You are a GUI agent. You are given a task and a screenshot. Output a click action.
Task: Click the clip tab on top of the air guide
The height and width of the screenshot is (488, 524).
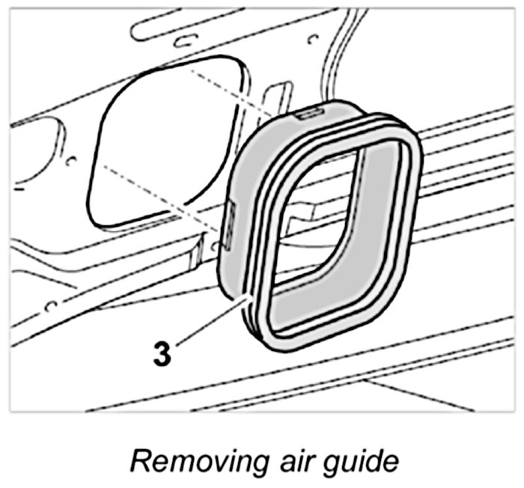click(x=308, y=112)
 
